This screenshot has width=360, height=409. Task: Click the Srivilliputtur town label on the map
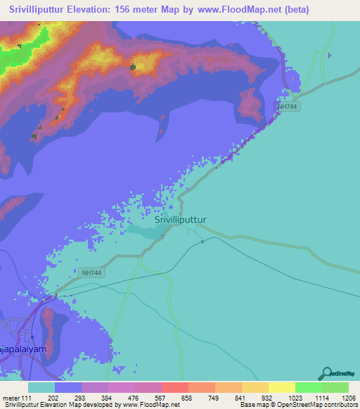(x=180, y=219)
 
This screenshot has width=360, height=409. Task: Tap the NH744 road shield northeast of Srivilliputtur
(x=287, y=106)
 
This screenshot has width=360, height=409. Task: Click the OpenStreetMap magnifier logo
(x=326, y=373)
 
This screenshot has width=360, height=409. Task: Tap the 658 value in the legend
(x=175, y=398)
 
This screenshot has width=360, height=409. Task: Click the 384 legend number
(x=94, y=398)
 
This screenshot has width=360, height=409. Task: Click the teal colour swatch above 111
(x=41, y=387)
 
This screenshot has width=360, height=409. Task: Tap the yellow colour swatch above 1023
(x=281, y=387)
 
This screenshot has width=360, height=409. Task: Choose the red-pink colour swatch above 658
(x=174, y=387)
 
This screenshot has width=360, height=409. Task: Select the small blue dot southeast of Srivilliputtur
(x=202, y=242)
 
